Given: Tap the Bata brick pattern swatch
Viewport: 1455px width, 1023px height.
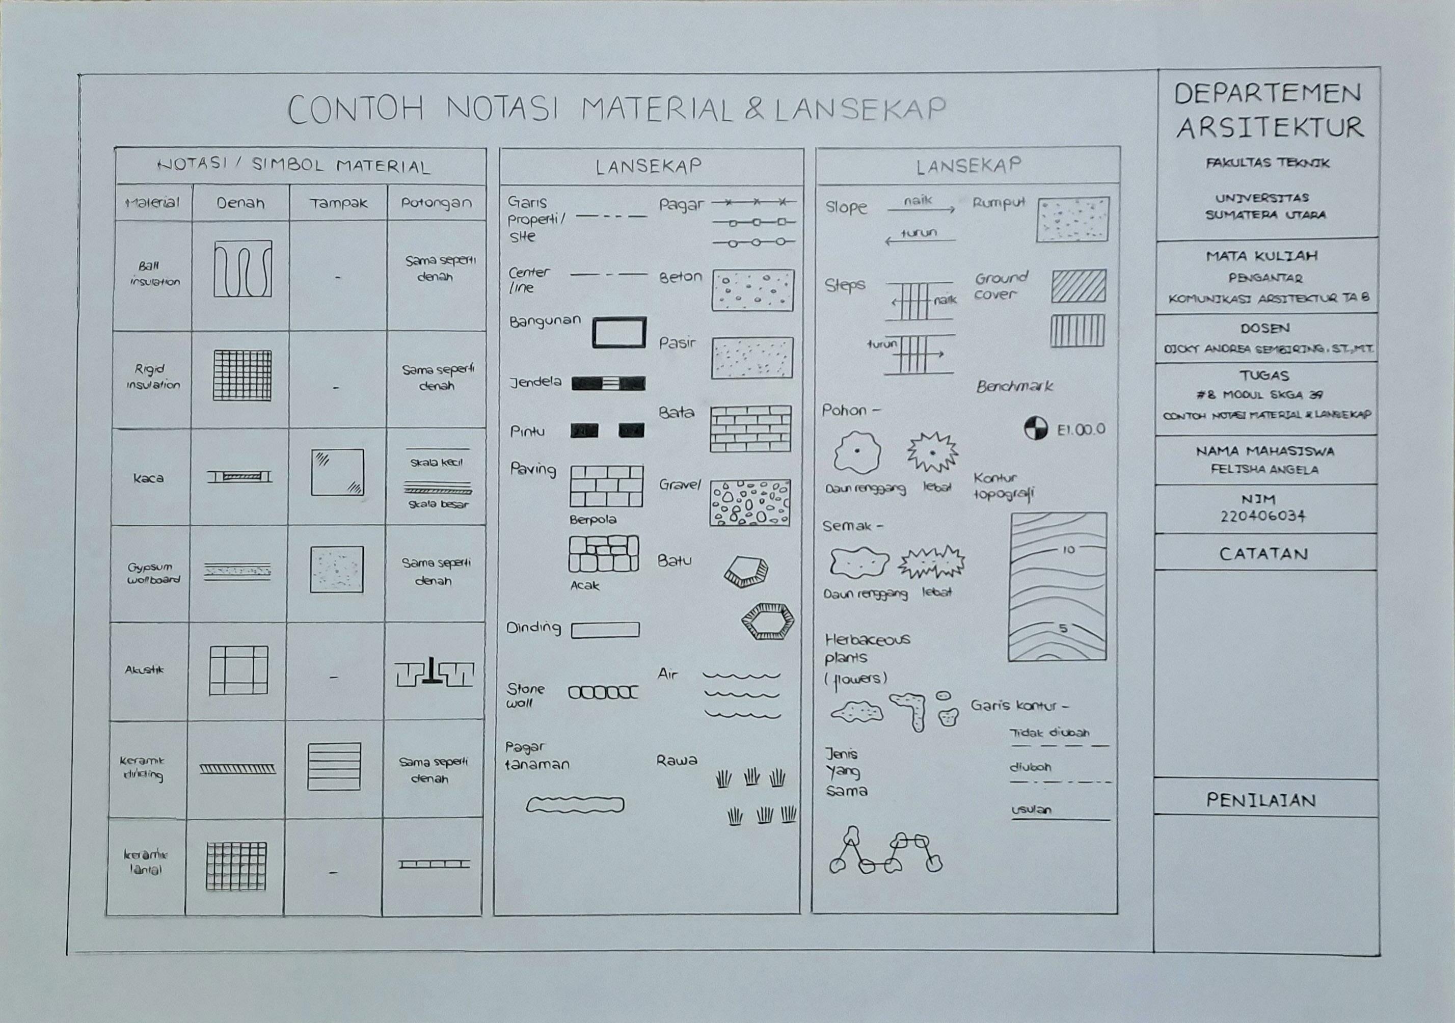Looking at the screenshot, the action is pos(750,429).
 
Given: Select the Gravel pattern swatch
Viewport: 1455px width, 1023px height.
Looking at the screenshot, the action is pos(750,503).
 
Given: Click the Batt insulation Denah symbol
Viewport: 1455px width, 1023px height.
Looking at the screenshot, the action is pos(242,269).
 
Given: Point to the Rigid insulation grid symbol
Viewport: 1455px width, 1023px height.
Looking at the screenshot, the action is pos(242,375).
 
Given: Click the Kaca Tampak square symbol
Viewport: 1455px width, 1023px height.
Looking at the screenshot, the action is pos(337,472).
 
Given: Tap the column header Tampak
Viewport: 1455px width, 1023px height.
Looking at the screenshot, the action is pos(338,203).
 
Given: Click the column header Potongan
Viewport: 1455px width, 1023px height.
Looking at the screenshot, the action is pos(436,203).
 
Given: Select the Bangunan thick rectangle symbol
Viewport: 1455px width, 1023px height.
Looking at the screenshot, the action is pos(619,333).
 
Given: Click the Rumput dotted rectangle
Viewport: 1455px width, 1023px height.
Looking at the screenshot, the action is pos(1073,219).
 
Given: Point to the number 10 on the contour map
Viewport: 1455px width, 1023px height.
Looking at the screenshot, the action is pos(1068,550).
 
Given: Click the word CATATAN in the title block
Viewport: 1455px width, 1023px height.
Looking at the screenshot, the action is pos(1263,554).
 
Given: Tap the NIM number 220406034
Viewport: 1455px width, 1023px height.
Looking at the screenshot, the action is pos(1263,516).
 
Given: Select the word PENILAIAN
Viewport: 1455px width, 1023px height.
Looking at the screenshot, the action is pos(1260,800).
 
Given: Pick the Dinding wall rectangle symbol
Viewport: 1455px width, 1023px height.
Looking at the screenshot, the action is pos(605,629).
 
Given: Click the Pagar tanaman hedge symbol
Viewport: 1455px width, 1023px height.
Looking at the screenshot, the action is pos(575,805).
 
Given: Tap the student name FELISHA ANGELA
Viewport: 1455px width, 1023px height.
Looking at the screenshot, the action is pos(1264,470).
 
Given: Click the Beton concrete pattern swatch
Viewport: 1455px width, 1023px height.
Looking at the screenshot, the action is pos(752,290).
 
